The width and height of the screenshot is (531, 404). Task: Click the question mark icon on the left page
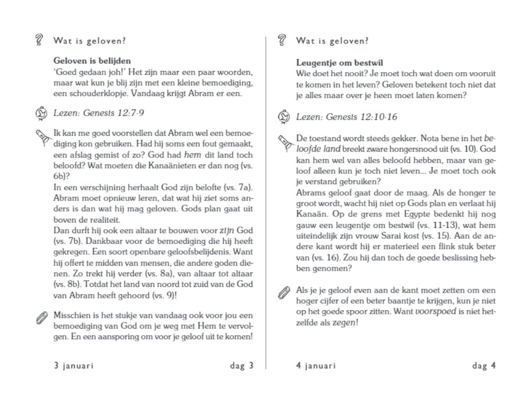[x=38, y=40]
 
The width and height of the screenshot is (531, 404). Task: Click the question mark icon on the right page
[x=281, y=40]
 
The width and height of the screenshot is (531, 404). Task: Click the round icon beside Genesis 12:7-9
[x=40, y=113]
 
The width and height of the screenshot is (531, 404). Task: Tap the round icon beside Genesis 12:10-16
[x=283, y=117]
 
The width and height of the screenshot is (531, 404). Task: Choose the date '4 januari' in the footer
[x=316, y=366]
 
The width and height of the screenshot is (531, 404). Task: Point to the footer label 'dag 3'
[x=241, y=366]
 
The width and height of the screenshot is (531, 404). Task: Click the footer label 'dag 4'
[x=484, y=366]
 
